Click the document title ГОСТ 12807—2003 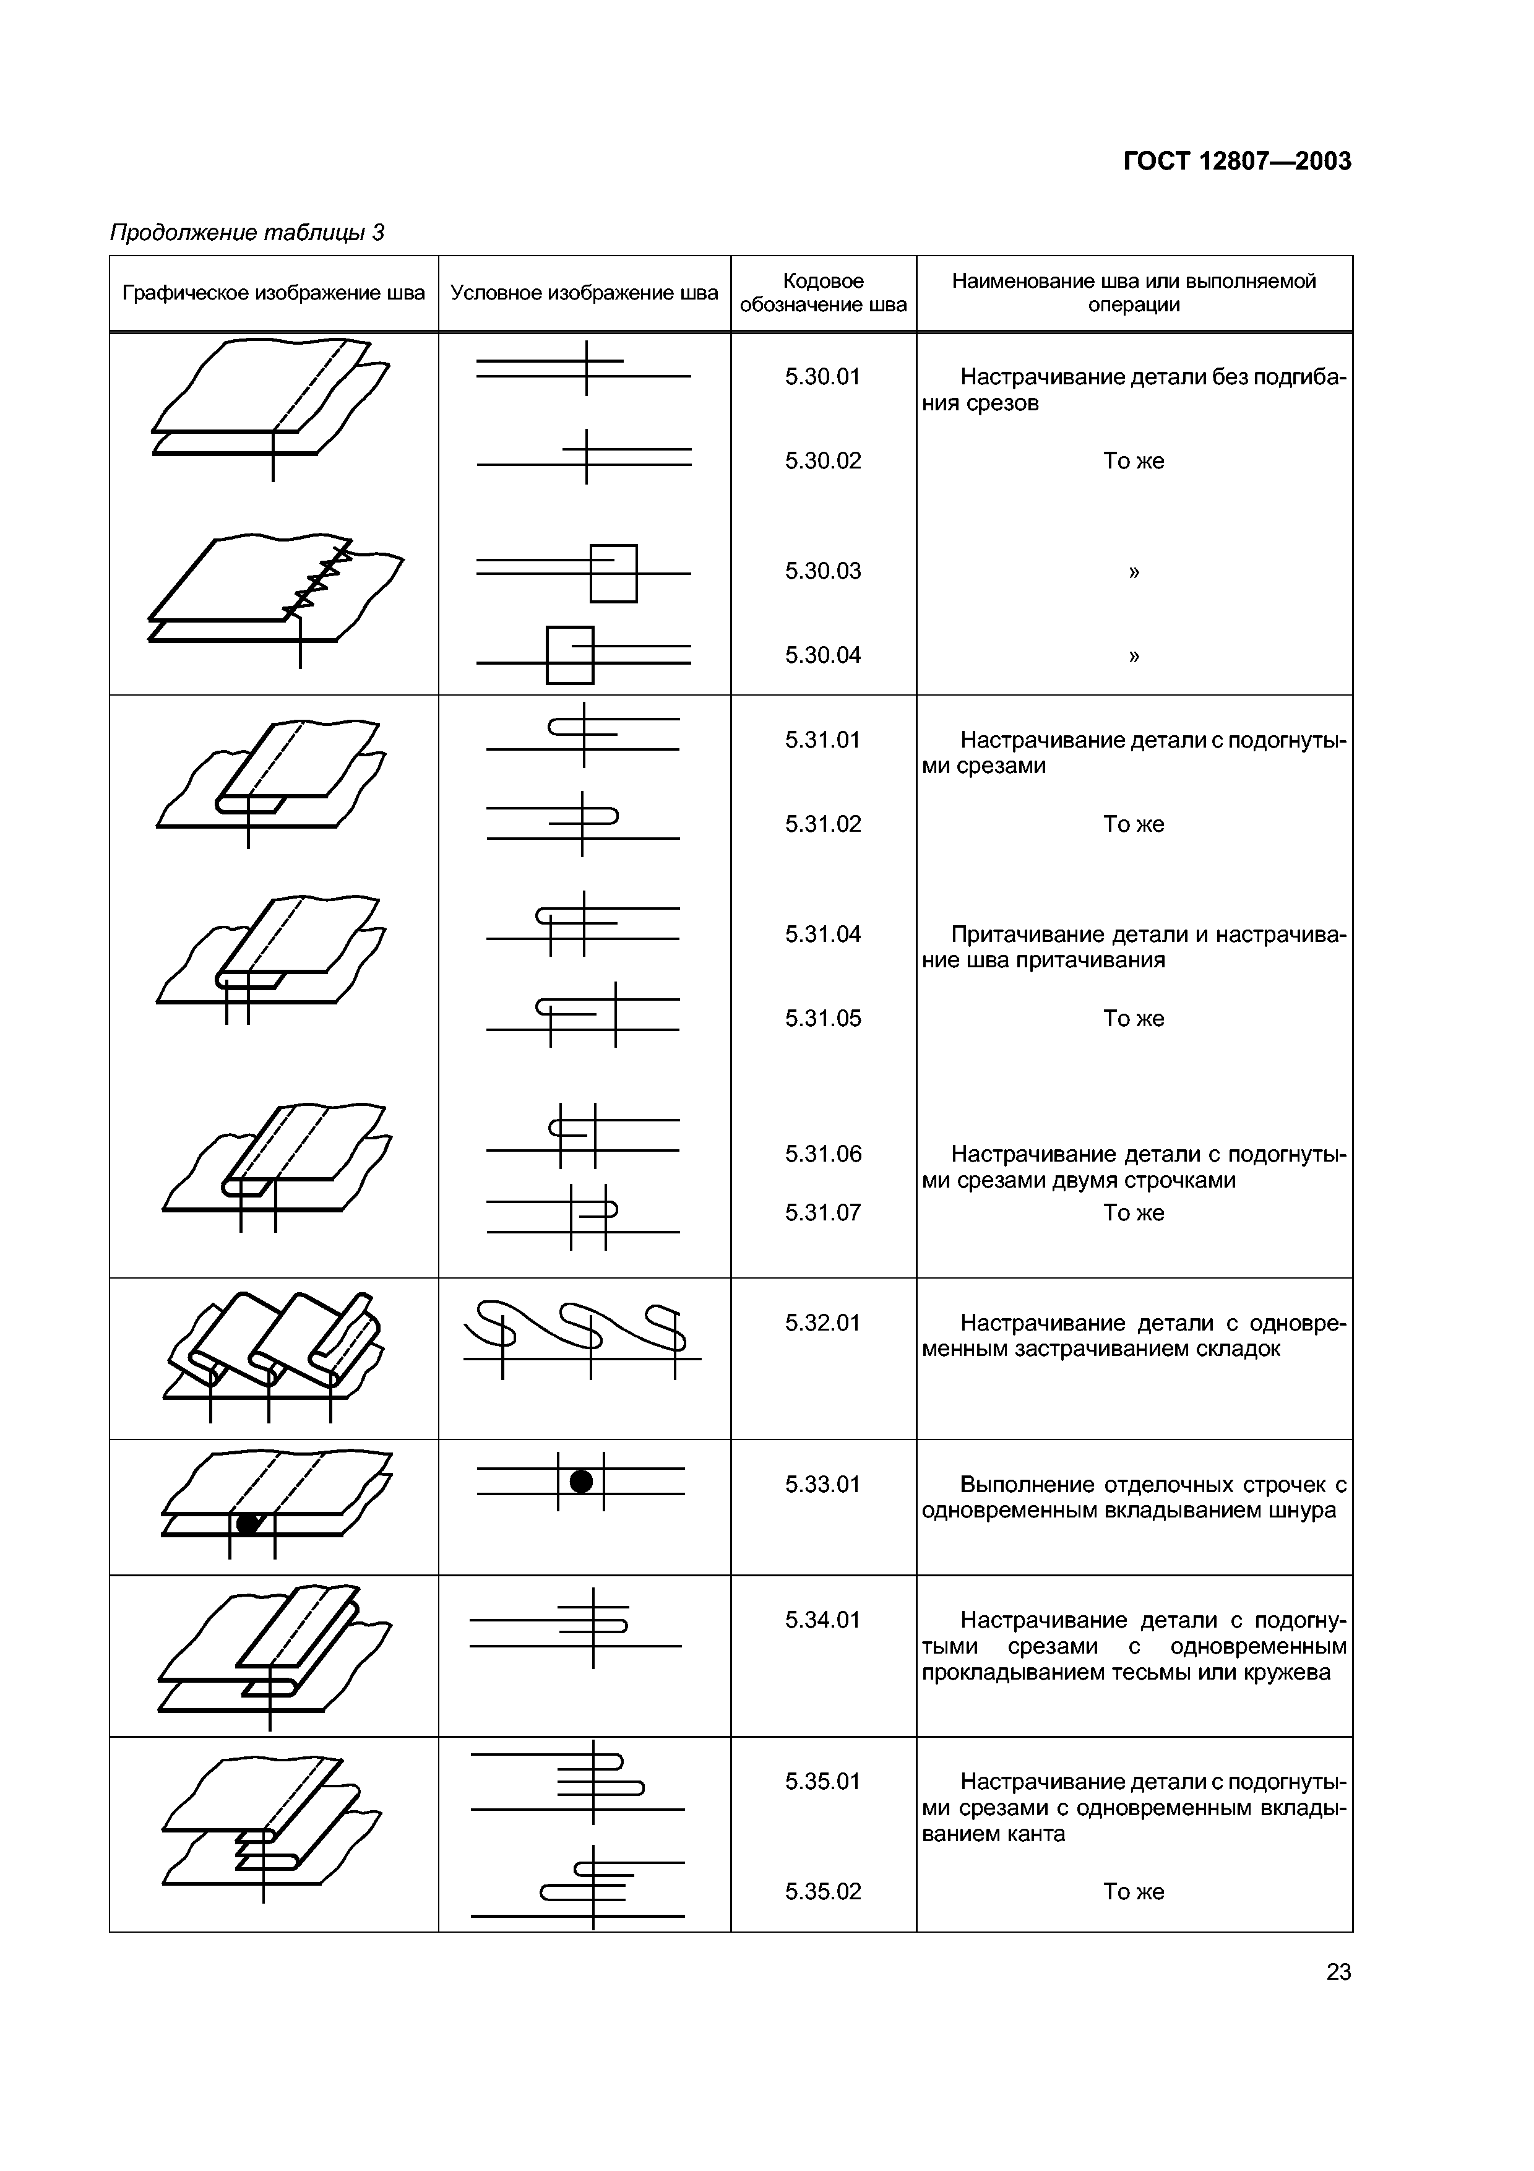point(1237,162)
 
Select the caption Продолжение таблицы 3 point(248,233)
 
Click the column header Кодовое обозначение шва point(822,293)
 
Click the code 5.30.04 point(822,655)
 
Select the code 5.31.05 point(822,1019)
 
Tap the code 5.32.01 point(822,1323)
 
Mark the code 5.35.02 point(822,1892)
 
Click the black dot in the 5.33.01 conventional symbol point(581,1482)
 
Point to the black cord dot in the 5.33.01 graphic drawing point(248,1523)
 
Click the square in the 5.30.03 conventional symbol point(613,573)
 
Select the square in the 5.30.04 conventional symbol point(570,654)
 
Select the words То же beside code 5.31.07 point(1133,1213)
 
